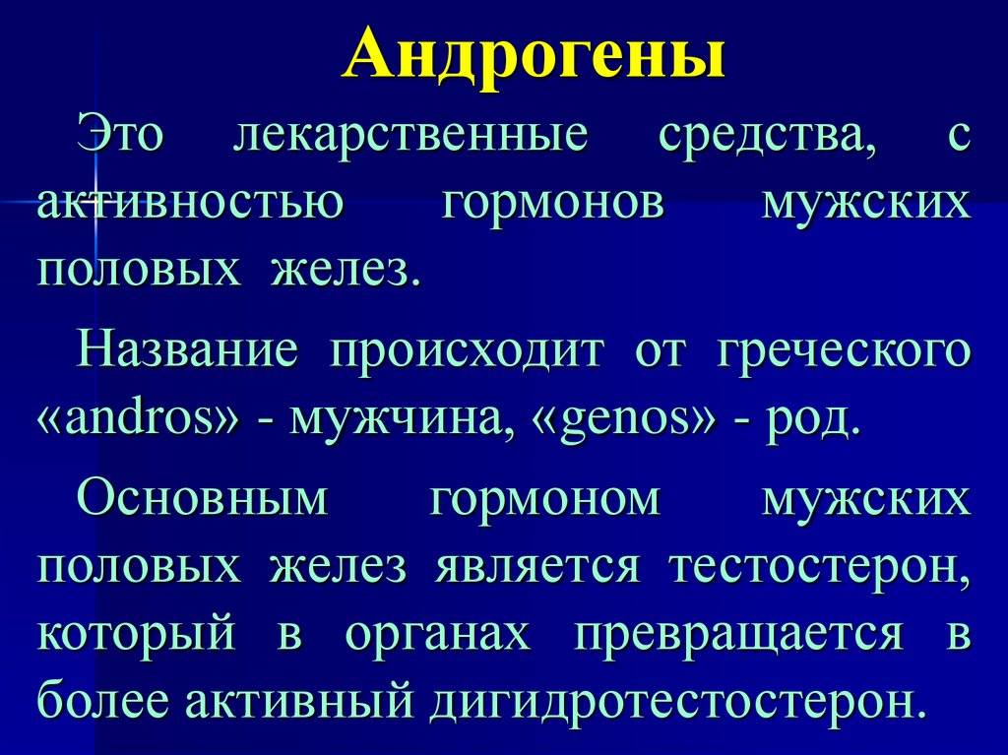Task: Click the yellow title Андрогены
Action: (535, 54)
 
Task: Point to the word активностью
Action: (190, 204)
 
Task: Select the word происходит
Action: (468, 352)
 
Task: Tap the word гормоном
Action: (545, 499)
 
